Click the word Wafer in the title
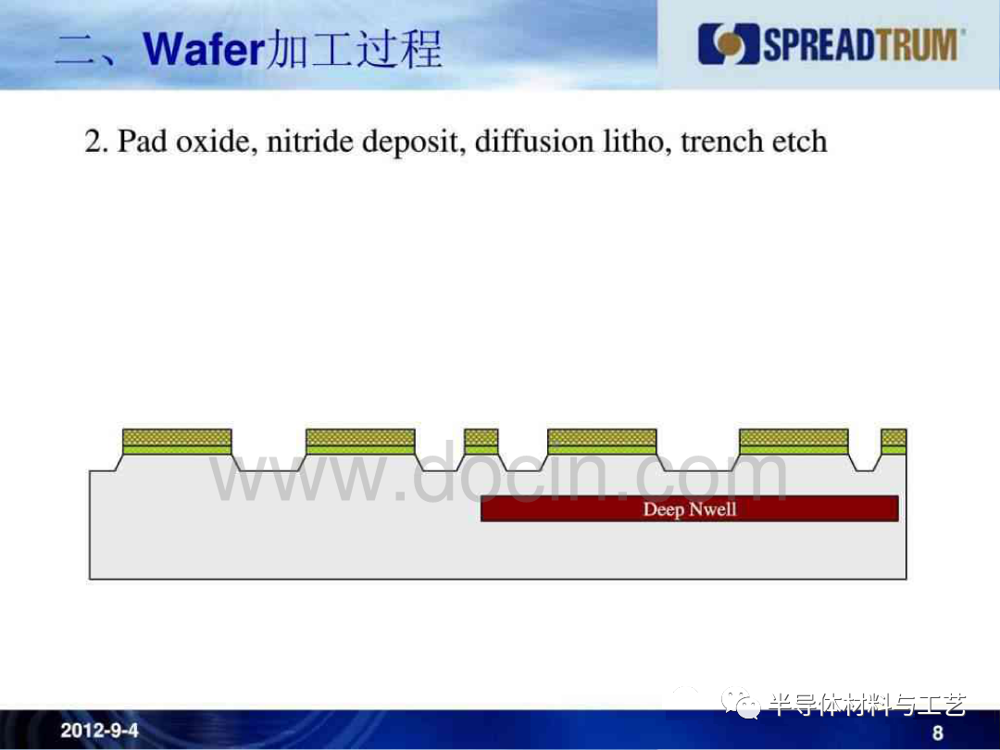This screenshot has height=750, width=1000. tap(204, 49)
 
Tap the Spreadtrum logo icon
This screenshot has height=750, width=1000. tap(729, 44)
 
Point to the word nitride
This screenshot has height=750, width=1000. tap(310, 141)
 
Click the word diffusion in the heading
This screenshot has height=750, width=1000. tap(534, 141)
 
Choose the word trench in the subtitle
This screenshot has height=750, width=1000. tap(722, 141)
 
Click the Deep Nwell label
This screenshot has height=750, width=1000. tap(690, 509)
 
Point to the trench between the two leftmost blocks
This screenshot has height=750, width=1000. tap(269, 462)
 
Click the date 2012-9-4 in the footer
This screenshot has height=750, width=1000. tap(99, 731)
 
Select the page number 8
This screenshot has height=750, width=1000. tap(937, 732)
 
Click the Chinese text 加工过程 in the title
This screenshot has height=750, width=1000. tap(355, 49)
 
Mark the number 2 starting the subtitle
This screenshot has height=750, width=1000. tap(94, 142)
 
